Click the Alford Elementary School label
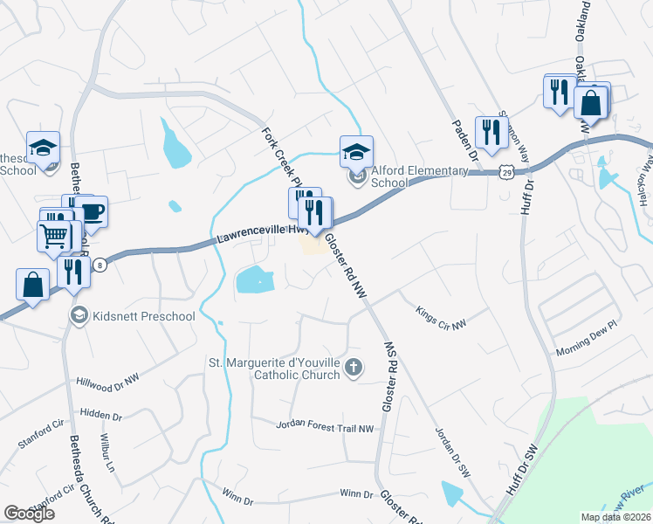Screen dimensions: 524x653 coord(389,177)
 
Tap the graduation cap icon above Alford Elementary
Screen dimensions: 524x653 coord(355,150)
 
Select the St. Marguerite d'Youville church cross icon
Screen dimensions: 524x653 coord(353,367)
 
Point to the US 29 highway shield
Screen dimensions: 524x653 coord(506,173)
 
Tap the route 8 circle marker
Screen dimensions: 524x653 coord(100,265)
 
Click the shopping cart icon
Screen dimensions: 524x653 coord(52,235)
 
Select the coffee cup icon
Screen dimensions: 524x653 coord(91,210)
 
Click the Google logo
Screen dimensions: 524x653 coord(29,514)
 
